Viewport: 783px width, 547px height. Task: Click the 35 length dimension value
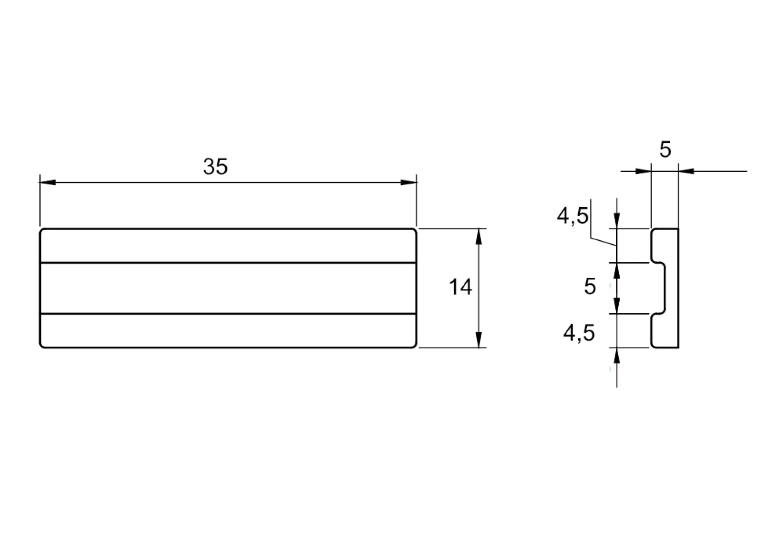(x=215, y=167)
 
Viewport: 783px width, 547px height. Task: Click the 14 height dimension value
(x=460, y=287)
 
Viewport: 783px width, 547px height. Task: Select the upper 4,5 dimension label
(x=573, y=216)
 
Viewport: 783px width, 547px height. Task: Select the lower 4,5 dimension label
(x=579, y=333)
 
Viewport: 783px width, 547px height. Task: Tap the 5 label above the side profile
(x=665, y=150)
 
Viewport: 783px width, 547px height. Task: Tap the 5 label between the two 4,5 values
(x=590, y=287)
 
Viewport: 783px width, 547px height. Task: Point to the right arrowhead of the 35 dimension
(x=409, y=182)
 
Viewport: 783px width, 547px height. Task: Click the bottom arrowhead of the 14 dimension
(x=479, y=340)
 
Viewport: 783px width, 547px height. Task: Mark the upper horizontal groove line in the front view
(x=228, y=263)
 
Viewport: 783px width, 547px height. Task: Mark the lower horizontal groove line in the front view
(x=228, y=314)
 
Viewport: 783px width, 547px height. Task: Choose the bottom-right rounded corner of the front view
(x=415, y=345)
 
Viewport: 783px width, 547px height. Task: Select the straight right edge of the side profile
(x=679, y=288)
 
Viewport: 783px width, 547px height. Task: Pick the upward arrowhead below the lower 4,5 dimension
(x=617, y=357)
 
